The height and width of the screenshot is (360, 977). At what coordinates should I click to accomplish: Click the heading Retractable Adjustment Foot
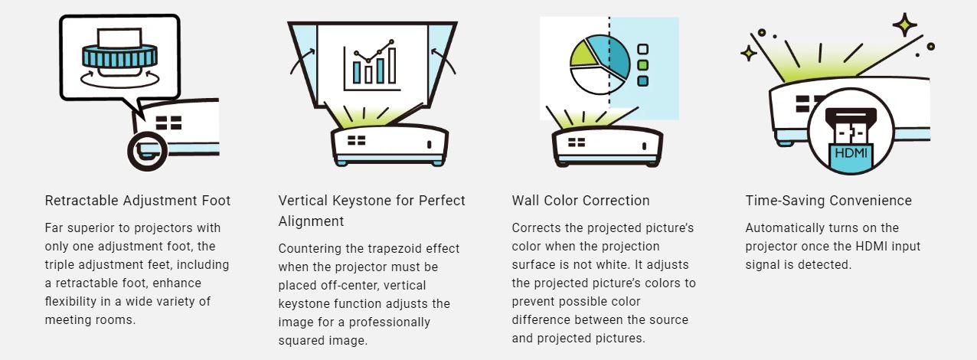[137, 201]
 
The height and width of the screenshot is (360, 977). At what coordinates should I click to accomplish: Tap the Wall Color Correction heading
[580, 201]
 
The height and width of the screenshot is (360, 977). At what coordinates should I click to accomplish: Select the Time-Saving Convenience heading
[828, 201]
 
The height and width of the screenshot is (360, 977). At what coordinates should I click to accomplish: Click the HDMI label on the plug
[851, 152]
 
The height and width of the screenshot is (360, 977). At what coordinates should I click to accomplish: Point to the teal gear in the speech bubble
[119, 57]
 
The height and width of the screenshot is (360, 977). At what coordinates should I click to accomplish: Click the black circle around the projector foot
[147, 151]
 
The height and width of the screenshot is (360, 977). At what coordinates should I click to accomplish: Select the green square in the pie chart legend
[643, 65]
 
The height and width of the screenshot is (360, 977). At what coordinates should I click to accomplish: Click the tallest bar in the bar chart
[392, 65]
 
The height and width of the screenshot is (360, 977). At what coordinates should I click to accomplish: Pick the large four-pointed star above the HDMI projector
[904, 25]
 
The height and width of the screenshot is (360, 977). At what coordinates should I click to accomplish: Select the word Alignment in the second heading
[311, 221]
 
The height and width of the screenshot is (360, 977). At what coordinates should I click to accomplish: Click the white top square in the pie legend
[643, 49]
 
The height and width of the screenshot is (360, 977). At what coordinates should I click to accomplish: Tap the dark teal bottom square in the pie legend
[643, 80]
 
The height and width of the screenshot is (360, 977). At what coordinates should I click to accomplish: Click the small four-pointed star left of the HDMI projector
[749, 54]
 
